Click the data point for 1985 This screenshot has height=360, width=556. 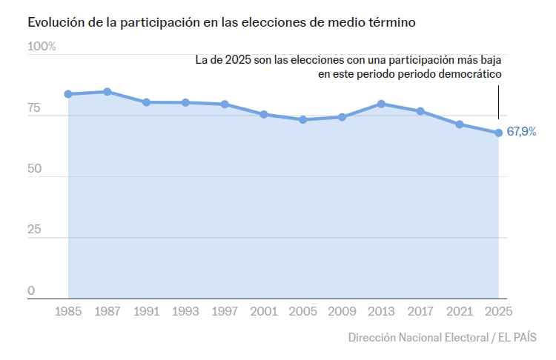(x=68, y=94)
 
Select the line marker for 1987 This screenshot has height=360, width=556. (x=107, y=92)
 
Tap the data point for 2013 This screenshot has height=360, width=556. (x=381, y=104)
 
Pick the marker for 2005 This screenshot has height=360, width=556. (x=302, y=119)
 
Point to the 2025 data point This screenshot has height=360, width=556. (x=499, y=133)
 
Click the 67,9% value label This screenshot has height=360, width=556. (x=521, y=133)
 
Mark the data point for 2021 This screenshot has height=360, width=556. (x=460, y=124)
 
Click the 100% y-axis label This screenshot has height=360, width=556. (x=42, y=47)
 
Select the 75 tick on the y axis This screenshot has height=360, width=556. (x=34, y=109)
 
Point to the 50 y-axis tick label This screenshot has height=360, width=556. (x=34, y=170)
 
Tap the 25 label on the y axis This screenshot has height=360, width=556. (x=34, y=230)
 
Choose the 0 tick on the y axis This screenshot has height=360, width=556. (x=31, y=291)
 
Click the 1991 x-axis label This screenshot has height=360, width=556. (x=147, y=312)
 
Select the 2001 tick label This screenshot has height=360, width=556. (x=264, y=312)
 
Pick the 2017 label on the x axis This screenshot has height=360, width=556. (x=420, y=312)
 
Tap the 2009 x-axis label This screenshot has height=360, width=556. (x=342, y=312)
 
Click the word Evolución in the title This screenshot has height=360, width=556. (x=56, y=22)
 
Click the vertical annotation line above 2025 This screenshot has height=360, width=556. (x=499, y=101)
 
